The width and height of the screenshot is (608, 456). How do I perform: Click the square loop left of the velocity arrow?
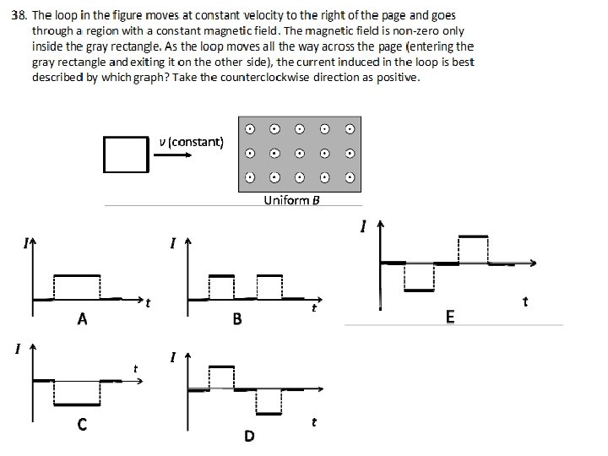(x=125, y=153)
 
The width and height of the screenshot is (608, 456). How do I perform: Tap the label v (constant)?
(x=191, y=141)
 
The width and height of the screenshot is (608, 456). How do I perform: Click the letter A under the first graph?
(x=81, y=319)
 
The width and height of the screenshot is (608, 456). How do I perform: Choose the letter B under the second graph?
(x=237, y=319)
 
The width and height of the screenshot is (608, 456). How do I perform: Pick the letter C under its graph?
(x=81, y=425)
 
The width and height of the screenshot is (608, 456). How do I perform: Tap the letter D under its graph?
(x=248, y=436)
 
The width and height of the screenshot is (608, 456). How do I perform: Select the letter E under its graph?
(x=449, y=316)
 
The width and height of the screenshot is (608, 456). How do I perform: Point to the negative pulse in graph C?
(x=77, y=393)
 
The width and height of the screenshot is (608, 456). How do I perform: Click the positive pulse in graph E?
(x=473, y=250)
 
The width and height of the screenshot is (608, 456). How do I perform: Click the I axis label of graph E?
(x=363, y=226)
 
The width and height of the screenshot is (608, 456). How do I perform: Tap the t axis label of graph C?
(x=135, y=367)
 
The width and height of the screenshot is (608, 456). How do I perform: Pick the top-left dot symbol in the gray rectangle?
(x=251, y=129)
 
